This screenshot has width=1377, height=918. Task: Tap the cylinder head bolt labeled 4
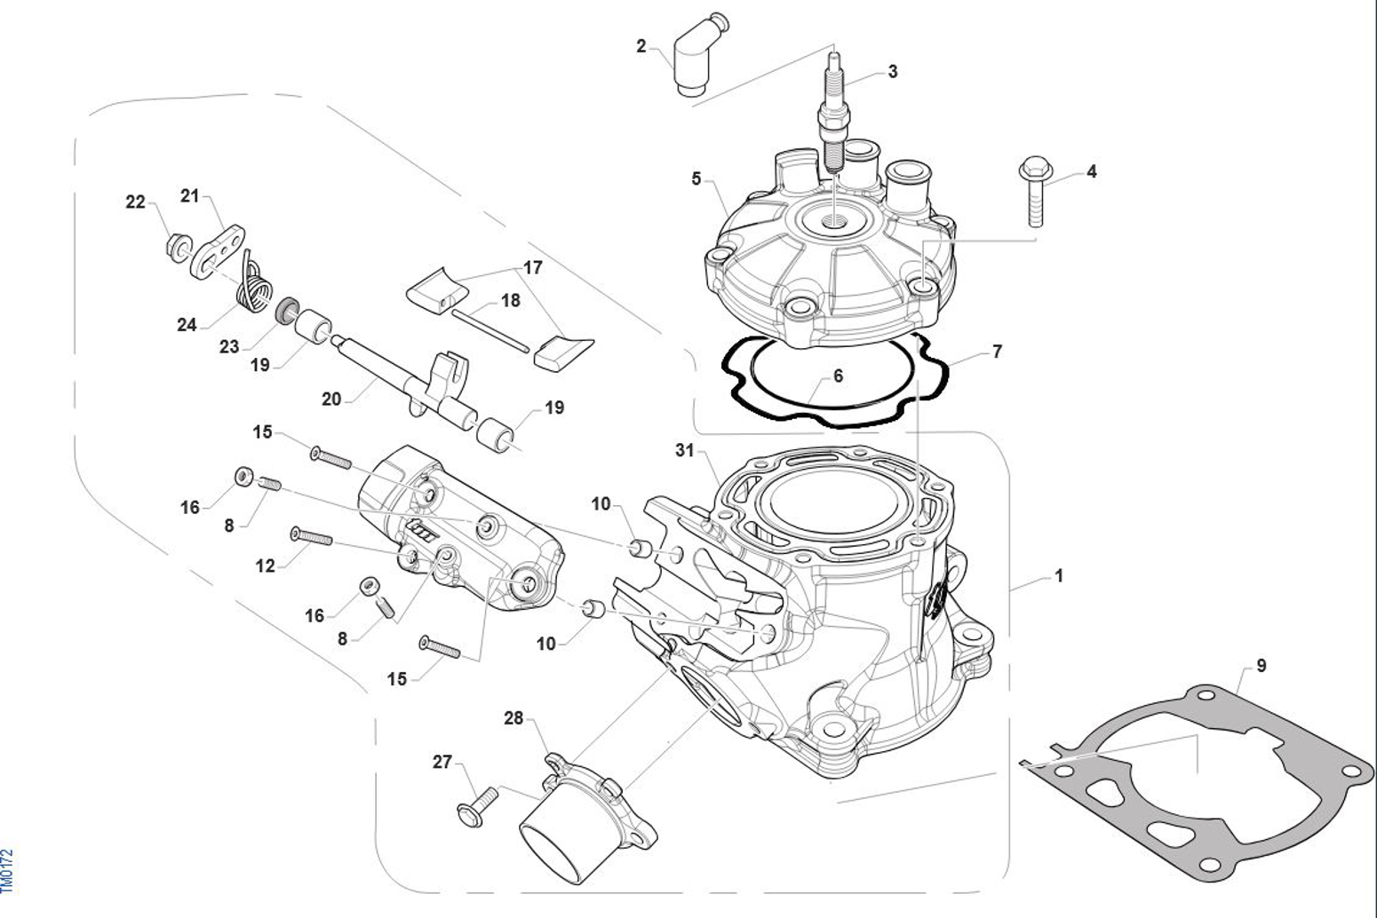(x=1033, y=190)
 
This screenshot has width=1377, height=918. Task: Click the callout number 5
(x=696, y=178)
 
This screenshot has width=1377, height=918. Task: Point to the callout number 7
(x=997, y=352)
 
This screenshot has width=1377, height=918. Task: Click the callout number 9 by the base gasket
(x=1262, y=665)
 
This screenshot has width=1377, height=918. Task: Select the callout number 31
(x=684, y=450)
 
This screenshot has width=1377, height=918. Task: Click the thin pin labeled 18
(x=490, y=328)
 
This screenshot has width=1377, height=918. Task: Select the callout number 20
(x=331, y=400)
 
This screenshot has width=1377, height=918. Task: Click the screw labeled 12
(x=312, y=536)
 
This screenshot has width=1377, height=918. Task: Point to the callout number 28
(x=513, y=717)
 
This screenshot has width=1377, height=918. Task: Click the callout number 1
(x=1059, y=575)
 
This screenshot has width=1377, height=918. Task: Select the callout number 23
(x=229, y=346)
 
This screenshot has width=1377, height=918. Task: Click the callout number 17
(x=533, y=267)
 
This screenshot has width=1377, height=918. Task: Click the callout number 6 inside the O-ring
(x=838, y=376)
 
